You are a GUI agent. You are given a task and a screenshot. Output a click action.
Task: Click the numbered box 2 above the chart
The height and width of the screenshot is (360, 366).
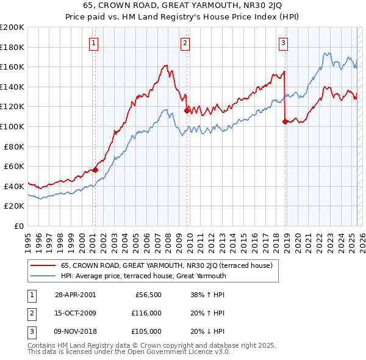click(185, 43)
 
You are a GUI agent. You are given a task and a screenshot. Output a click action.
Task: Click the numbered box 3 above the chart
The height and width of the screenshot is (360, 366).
click(284, 43)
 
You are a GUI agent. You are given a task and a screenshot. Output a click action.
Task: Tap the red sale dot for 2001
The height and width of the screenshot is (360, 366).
click(95, 170)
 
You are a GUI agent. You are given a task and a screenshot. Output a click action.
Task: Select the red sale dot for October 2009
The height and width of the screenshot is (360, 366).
click(187, 111)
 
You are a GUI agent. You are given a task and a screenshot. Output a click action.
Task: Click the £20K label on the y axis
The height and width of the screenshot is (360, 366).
click(15, 206)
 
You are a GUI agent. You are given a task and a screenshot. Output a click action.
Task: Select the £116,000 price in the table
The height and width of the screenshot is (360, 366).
click(146, 313)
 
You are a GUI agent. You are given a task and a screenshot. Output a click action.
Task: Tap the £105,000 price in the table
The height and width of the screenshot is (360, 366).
click(146, 331)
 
